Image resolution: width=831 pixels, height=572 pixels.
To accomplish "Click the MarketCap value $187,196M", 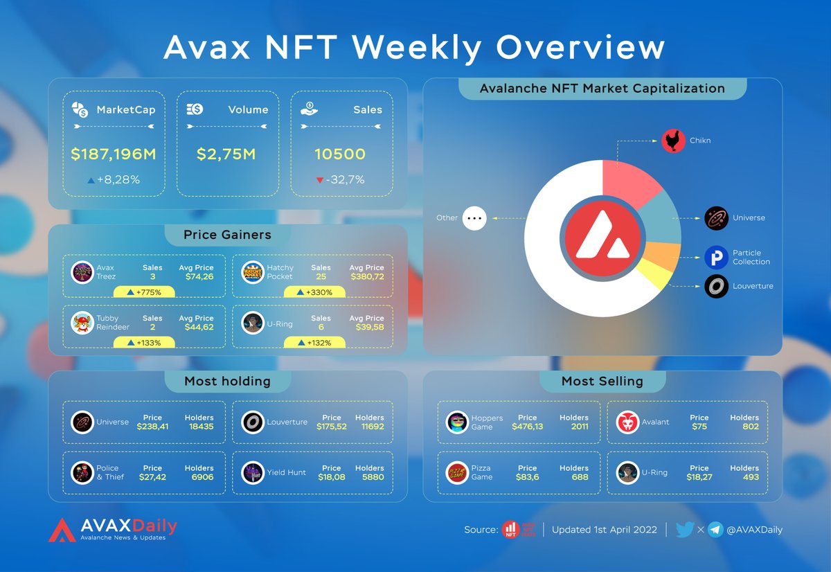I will [114, 154].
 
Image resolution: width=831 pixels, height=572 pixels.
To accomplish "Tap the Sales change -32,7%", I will [341, 180].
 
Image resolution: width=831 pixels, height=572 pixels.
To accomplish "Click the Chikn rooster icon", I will [672, 141].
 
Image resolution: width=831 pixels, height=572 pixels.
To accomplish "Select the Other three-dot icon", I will [474, 218].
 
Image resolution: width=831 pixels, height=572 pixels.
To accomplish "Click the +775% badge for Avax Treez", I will [144, 292].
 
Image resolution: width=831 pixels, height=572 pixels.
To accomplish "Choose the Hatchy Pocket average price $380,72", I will [366, 276].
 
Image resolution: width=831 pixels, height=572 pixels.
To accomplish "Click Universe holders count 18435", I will [199, 427].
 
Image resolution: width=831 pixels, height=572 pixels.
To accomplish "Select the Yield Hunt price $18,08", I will [331, 477].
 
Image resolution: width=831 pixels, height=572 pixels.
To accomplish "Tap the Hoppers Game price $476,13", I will [527, 427].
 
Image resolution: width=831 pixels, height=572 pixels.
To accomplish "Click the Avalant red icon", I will [627, 422].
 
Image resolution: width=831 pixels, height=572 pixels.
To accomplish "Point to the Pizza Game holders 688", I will [580, 477].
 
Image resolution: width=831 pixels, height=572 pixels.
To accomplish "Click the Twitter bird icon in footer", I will [684, 530].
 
